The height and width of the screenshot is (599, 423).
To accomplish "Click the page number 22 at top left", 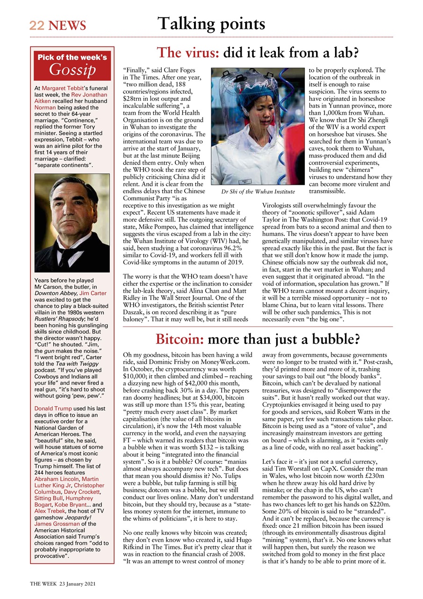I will click(x=36, y=25).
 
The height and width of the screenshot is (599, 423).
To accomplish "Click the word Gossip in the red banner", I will click(x=72, y=70).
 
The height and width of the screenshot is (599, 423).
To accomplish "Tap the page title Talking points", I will click(x=211, y=23).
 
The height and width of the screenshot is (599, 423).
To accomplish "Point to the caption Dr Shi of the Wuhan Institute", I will click(x=258, y=191).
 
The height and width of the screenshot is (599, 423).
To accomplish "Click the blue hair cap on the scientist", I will click(x=255, y=95).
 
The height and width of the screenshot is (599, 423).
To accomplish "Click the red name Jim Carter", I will click(x=93, y=293).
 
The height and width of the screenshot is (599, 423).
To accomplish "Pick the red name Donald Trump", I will click(x=53, y=409).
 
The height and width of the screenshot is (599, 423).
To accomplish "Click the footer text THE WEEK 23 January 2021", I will click(x=63, y=584).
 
